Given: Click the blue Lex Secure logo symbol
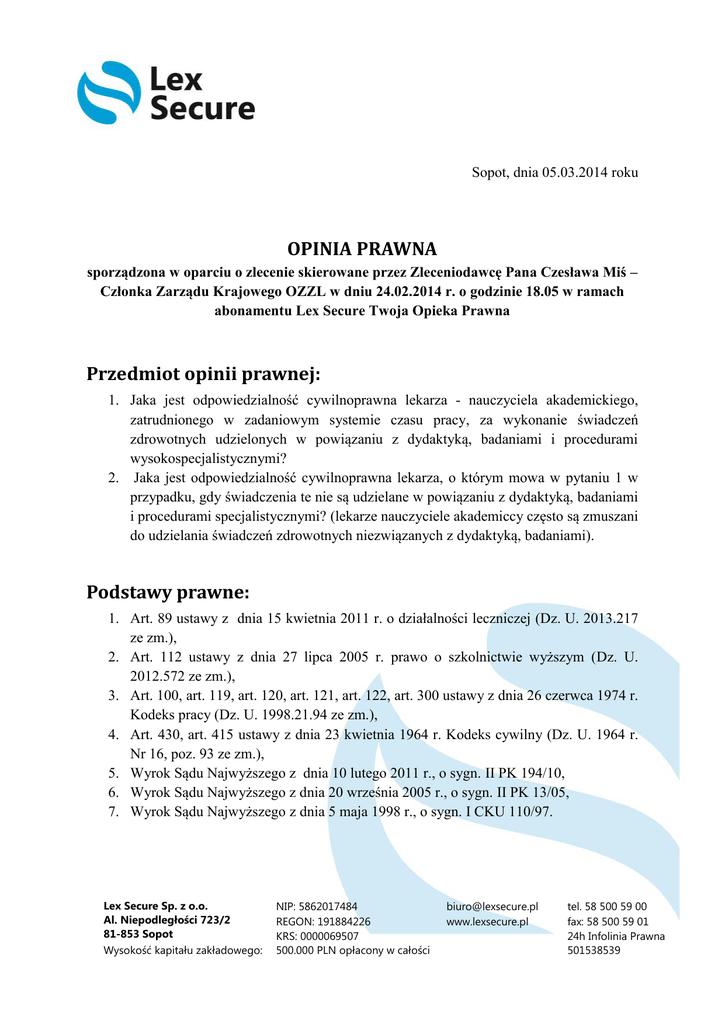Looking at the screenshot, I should pyautogui.click(x=109, y=93).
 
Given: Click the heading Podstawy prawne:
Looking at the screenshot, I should pyautogui.click(x=167, y=592).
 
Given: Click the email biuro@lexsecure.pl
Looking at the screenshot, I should pyautogui.click(x=492, y=906).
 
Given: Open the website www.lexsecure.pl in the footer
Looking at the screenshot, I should pyautogui.click(x=487, y=921).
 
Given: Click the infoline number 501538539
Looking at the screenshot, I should pyautogui.click(x=594, y=950).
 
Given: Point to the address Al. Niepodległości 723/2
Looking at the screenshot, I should pyautogui.click(x=167, y=920).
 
